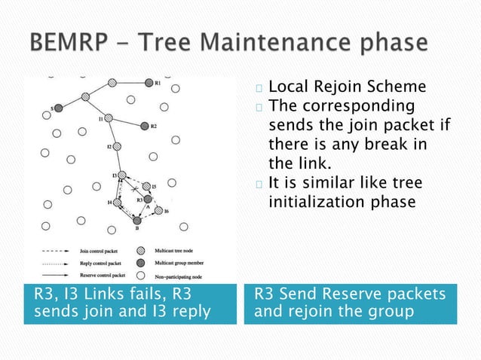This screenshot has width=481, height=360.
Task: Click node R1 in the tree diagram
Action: click(149, 83)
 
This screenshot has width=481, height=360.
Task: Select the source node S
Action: click(59, 108)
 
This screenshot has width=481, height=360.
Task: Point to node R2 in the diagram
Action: click(142, 126)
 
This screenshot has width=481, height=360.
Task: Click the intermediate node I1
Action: click(109, 118)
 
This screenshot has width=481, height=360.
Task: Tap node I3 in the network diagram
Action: click(122, 175)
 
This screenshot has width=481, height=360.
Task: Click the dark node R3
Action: click(148, 199)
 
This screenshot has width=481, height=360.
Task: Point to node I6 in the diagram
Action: click(158, 212)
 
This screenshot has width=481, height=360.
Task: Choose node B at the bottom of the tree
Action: click(136, 221)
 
